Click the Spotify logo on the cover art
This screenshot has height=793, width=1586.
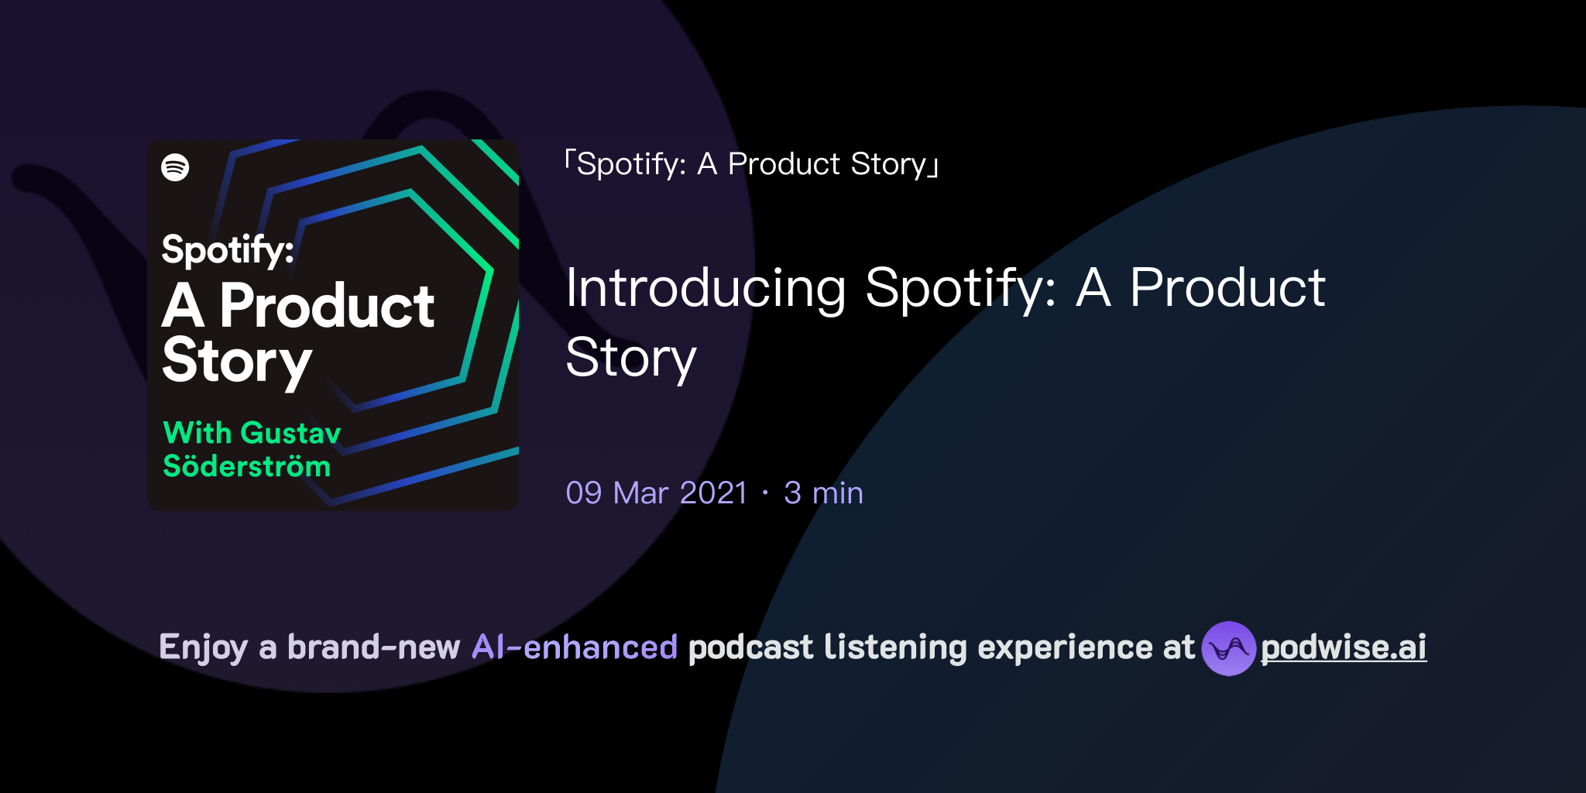pyautogui.click(x=175, y=166)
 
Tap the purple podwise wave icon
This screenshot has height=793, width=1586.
pyautogui.click(x=1228, y=648)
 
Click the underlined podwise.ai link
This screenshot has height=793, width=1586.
pyautogui.click(x=1344, y=648)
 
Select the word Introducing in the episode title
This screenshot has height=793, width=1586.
pyautogui.click(x=705, y=288)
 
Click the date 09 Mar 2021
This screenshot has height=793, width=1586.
pyautogui.click(x=657, y=493)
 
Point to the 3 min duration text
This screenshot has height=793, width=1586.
pyautogui.click(x=823, y=493)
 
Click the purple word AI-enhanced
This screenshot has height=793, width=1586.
pyautogui.click(x=575, y=647)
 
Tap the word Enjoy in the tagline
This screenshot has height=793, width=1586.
pyautogui.click(x=203, y=648)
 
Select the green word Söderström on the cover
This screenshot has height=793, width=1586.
pyautogui.click(x=246, y=466)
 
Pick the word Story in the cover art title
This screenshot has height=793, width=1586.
pyautogui.click(x=236, y=362)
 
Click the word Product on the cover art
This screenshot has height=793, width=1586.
pyautogui.click(x=326, y=306)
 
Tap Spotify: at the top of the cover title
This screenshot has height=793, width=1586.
pyautogui.click(x=227, y=250)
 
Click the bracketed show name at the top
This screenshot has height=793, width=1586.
pyautogui.click(x=751, y=164)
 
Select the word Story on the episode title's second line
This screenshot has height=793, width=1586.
pyautogui.click(x=631, y=359)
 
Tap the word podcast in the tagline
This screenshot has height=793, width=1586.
pyautogui.click(x=750, y=647)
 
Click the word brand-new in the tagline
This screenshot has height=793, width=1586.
pyautogui.click(x=373, y=647)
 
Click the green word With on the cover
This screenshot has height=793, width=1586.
pyautogui.click(x=197, y=432)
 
